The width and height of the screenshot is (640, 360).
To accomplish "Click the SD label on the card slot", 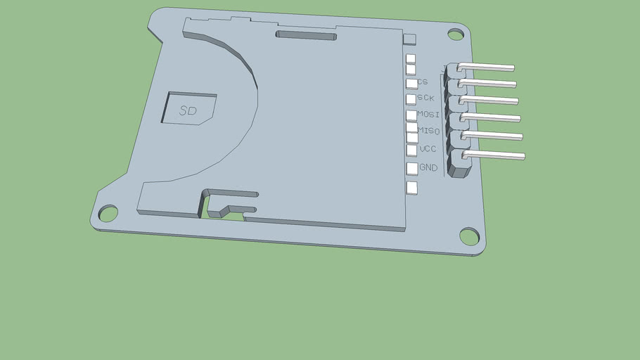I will (188, 111).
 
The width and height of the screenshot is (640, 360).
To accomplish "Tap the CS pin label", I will (423, 82).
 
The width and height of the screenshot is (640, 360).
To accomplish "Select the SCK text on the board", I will (425, 98).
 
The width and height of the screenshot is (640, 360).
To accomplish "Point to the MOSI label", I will (428, 114).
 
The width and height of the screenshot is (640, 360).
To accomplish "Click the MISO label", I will (428, 131).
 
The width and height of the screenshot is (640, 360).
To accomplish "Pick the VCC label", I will (428, 149).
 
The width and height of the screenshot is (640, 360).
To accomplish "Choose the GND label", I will (428, 168).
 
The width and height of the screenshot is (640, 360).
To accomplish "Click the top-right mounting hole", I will (456, 34).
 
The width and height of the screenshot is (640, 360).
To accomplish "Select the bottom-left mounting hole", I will (108, 212).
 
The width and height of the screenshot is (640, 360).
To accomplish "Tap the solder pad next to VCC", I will (411, 150).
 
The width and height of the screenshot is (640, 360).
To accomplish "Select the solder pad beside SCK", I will (411, 99).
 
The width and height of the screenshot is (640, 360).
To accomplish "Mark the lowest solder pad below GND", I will (411, 188).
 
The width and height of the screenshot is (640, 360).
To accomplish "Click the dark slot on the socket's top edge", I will (306, 34).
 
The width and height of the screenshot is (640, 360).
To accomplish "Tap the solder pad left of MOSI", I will (411, 115).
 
